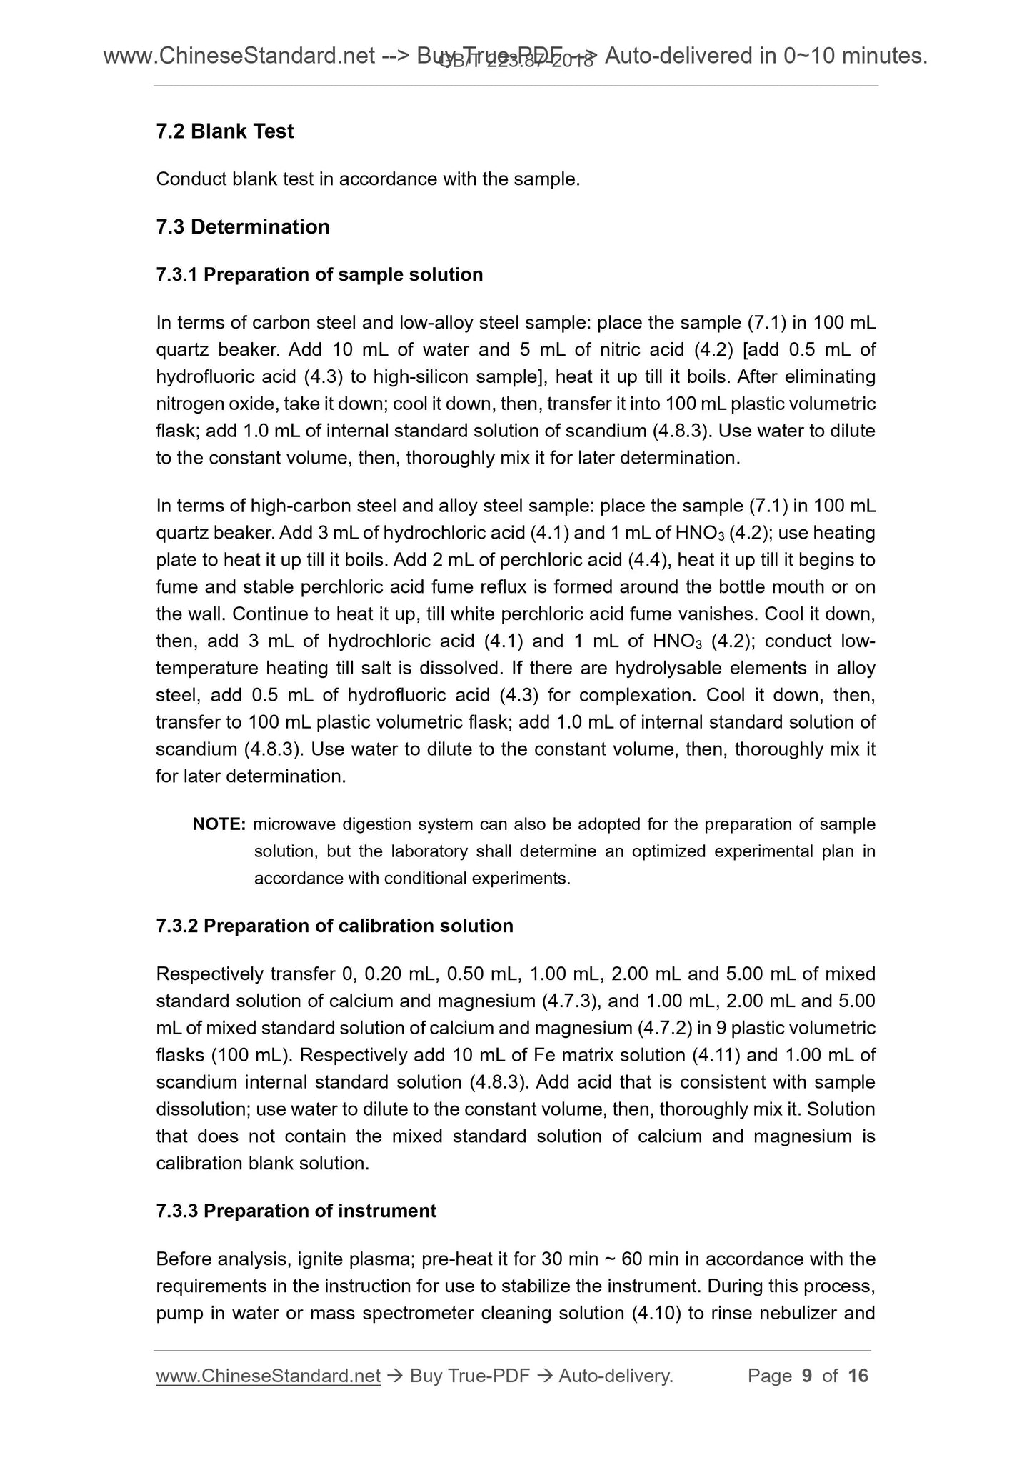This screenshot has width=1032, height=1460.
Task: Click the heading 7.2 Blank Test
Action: coord(224,131)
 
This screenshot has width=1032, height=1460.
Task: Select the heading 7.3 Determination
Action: coord(242,227)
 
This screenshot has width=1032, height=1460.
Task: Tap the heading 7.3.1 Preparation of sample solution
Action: coord(319,275)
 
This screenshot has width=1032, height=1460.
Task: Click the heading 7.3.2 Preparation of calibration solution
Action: coord(334,926)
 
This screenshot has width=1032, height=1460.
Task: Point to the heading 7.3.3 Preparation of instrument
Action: coord(296,1211)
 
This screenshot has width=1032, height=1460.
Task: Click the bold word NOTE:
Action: coord(219,824)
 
